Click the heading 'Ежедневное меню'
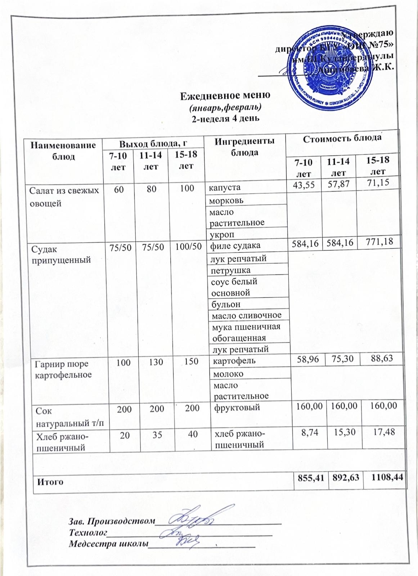click(225, 96)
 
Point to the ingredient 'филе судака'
click(235, 246)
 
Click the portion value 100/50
click(188, 247)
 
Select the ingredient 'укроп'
click(222, 234)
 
